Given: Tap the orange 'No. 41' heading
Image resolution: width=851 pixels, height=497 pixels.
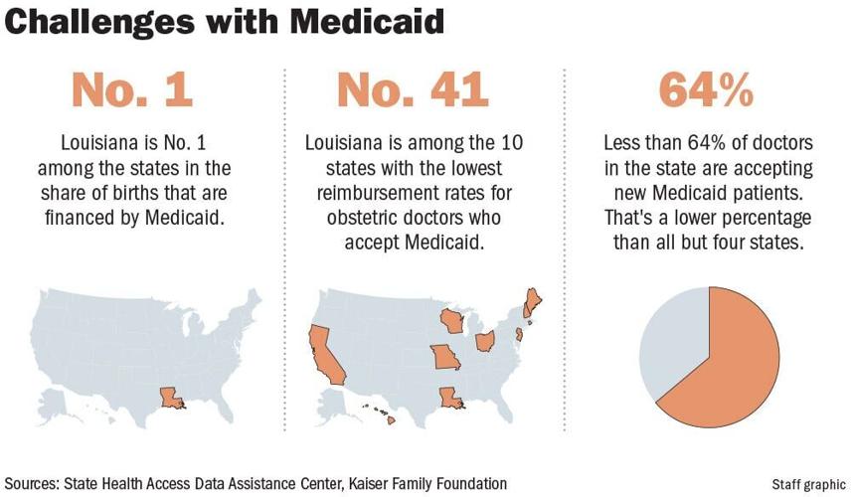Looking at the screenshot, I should coord(413,90).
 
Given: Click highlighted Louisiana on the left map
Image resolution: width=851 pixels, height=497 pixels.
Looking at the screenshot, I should coord(170,399).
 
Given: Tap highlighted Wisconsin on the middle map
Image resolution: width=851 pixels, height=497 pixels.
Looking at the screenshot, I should coord(452,321).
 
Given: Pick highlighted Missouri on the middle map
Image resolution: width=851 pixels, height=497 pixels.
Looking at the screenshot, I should coord(444,357).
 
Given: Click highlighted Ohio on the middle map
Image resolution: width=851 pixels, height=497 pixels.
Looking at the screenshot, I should coord(486,342).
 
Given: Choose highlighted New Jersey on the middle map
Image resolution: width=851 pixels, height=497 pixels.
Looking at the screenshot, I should coord(519,335).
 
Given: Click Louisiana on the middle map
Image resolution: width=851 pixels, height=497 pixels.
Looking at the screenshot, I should coord(449,399).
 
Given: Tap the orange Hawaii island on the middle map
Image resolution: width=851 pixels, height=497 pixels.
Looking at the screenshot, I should coord(391,419).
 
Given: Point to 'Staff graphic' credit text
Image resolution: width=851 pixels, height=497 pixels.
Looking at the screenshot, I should coord(807,484).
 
